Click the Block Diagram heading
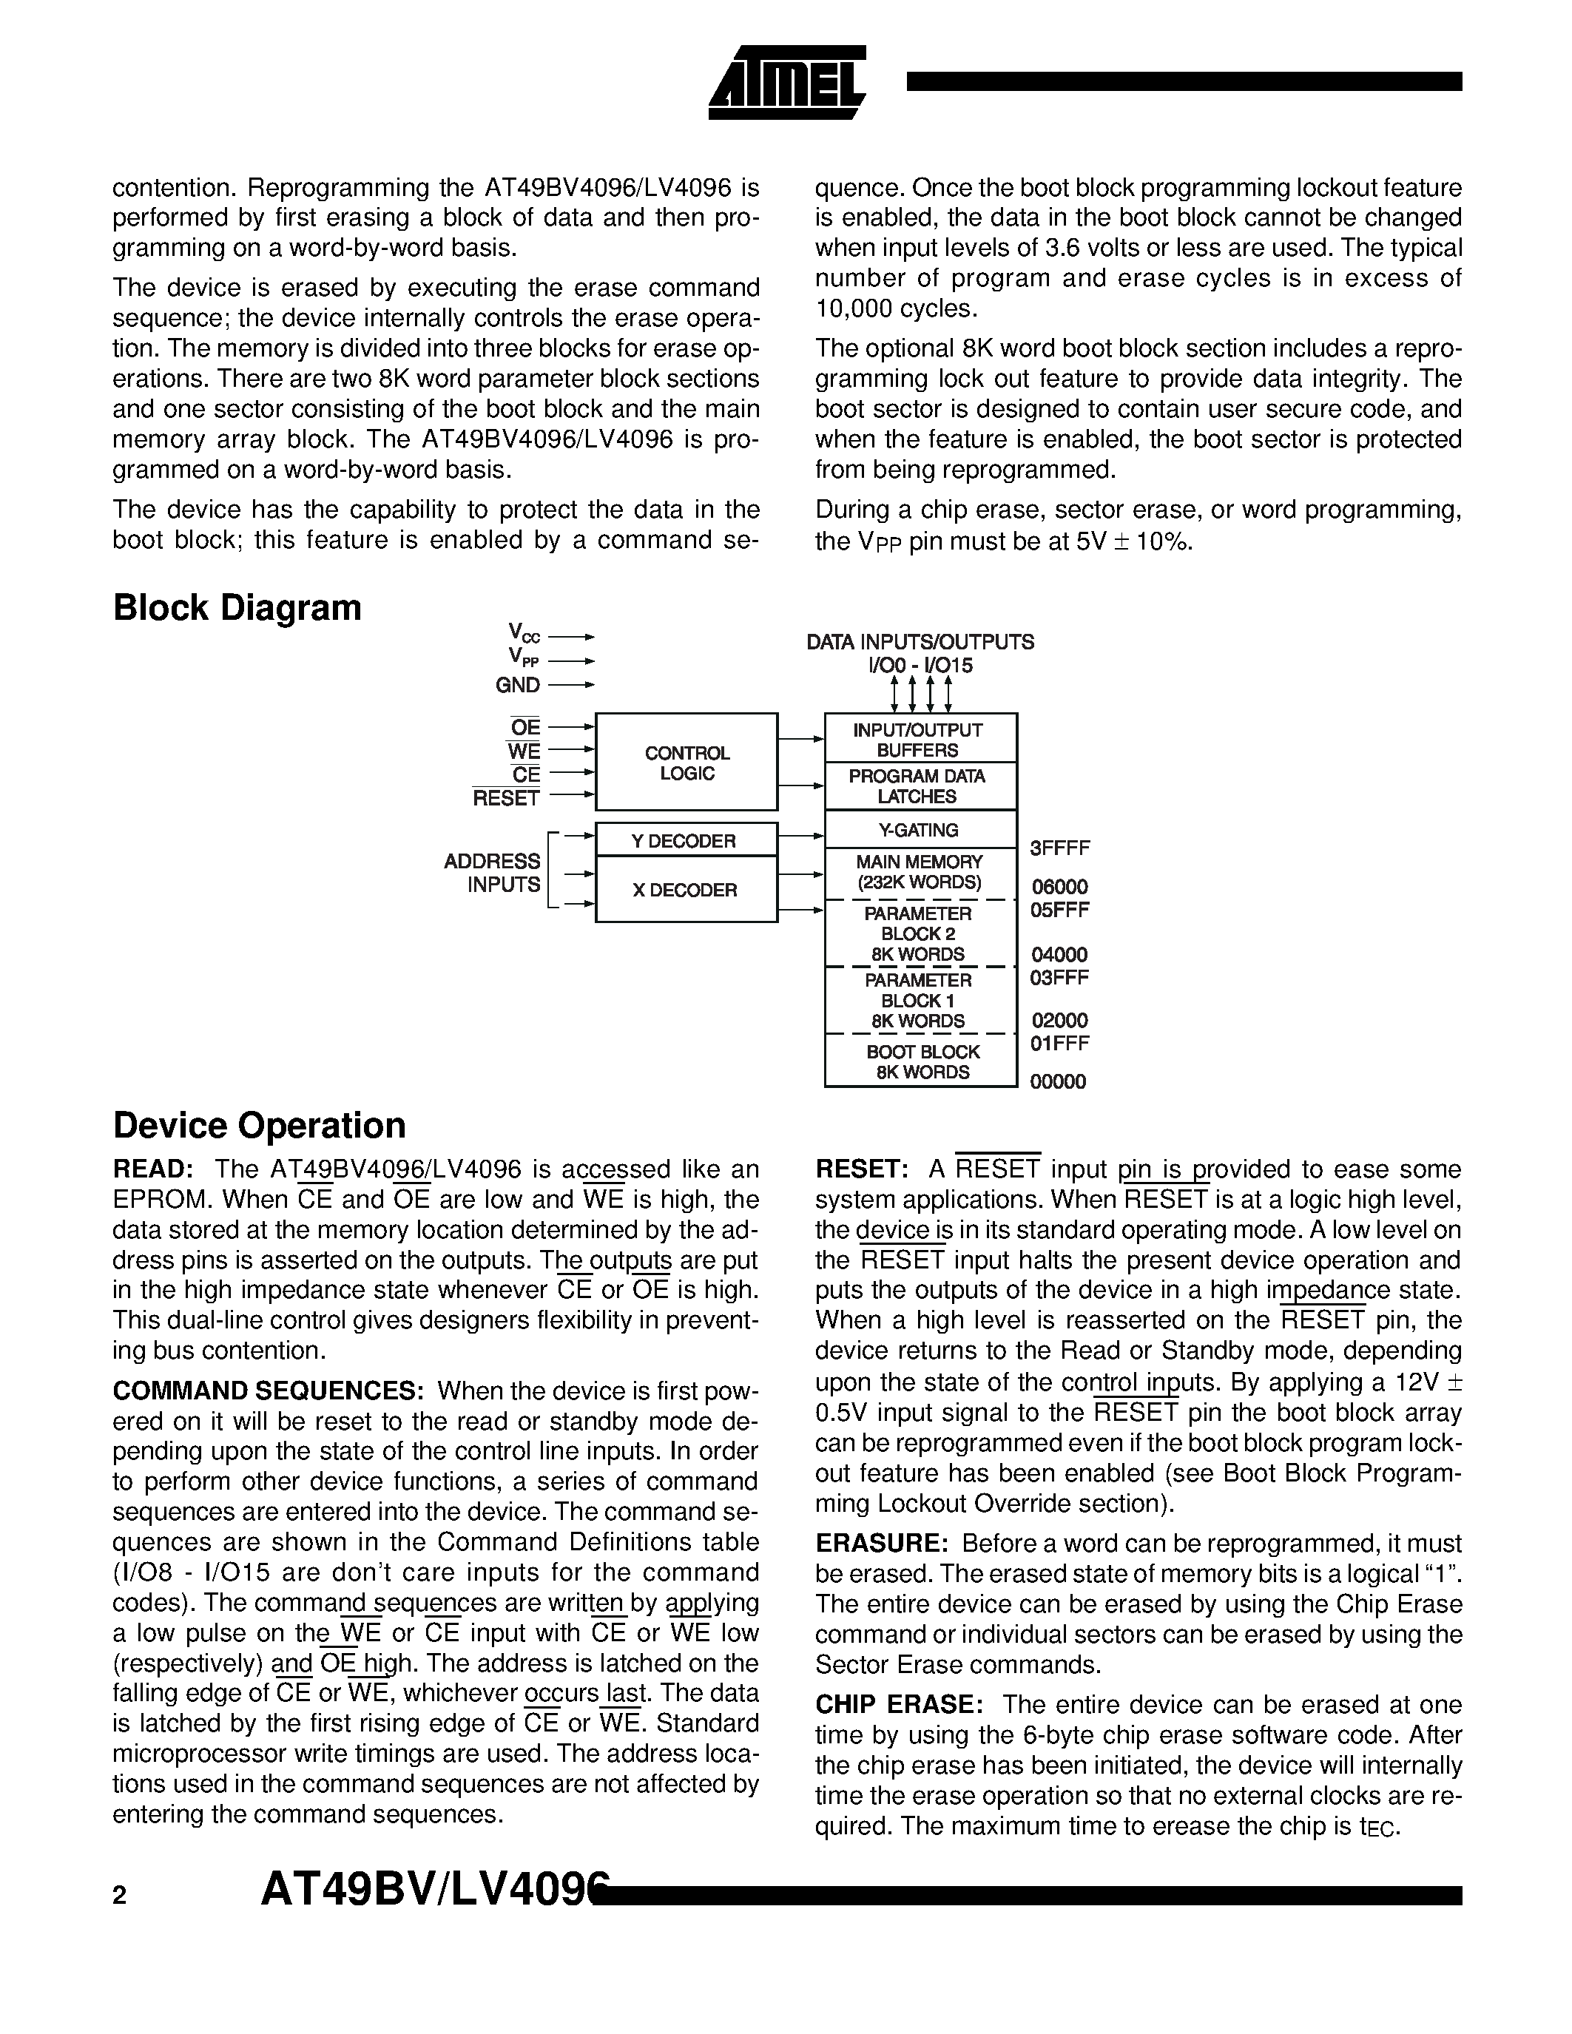(x=237, y=608)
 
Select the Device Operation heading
(x=259, y=1125)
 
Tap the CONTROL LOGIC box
(x=687, y=763)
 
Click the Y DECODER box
(x=687, y=840)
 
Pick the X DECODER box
(x=687, y=889)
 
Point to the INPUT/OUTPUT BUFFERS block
(x=920, y=740)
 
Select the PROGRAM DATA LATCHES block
(x=920, y=786)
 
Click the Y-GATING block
(x=920, y=830)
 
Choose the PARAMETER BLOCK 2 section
(x=920, y=933)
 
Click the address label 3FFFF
(x=1059, y=848)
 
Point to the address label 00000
(x=1057, y=1081)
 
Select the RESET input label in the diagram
(x=506, y=798)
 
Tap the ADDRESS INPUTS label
(x=493, y=873)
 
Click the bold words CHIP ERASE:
(x=899, y=1704)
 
